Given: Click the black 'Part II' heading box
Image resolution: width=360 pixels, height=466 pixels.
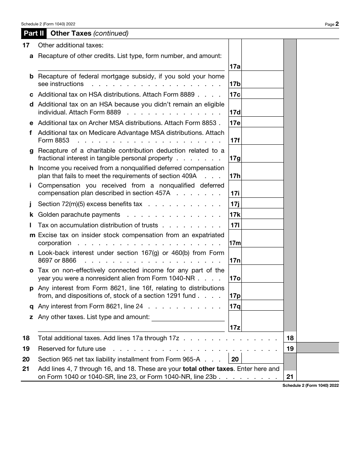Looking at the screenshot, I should pyautogui.click(x=33, y=33).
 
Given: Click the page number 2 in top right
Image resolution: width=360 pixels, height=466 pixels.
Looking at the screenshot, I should pyautogui.click(x=337, y=24).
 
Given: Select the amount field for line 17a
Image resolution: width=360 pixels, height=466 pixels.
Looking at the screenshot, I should pyautogui.click(x=262, y=55).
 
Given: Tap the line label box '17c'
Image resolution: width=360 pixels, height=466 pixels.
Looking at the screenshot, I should pyautogui.click(x=235, y=94).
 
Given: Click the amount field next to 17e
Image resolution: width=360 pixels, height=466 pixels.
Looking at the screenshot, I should pyautogui.click(x=262, y=122).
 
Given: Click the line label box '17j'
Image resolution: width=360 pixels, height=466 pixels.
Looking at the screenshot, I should pyautogui.click(x=235, y=204).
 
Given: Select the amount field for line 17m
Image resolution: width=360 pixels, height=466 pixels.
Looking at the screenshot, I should pyautogui.click(x=262, y=239).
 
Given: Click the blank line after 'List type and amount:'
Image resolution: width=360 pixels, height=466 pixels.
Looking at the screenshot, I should pyautogui.click(x=188, y=317).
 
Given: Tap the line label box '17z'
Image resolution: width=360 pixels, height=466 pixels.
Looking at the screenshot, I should pyautogui.click(x=235, y=327).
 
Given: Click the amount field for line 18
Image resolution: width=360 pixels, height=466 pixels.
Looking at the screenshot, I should pyautogui.click(x=318, y=338).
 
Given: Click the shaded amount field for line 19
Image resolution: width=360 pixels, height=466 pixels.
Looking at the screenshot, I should pyautogui.click(x=318, y=348).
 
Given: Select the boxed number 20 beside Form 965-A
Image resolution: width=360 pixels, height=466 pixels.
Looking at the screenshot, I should pyautogui.click(x=235, y=359).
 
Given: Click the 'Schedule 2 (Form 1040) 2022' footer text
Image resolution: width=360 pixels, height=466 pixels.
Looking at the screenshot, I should pyautogui.click(x=310, y=385).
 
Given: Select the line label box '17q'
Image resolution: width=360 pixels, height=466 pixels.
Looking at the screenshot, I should pyautogui.click(x=235, y=306).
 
